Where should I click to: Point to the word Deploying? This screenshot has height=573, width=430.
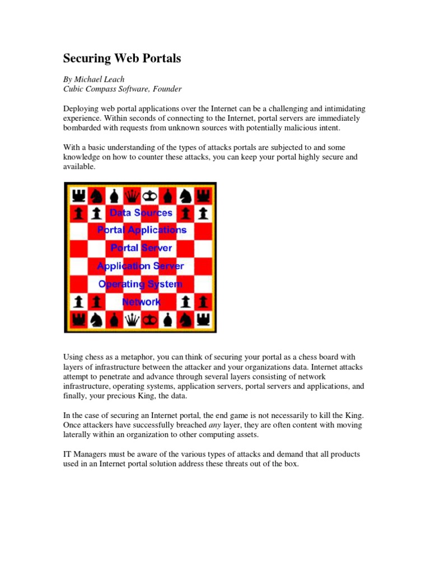pos(82,108)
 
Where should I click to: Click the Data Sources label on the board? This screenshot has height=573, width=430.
pos(141,213)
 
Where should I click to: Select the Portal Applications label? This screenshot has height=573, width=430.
pos(141,230)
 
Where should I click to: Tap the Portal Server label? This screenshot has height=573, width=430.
pos(141,248)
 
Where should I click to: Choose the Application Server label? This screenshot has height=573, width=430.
pos(141,266)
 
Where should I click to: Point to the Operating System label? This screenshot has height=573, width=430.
pos(141,284)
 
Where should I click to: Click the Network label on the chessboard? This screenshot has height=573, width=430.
pos(141,302)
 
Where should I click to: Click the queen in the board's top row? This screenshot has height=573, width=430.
pos(132,195)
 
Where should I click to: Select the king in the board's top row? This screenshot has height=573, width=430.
pos(150,195)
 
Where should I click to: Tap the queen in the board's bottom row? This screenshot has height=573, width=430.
pos(132,320)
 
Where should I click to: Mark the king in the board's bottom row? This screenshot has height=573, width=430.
pos(150,320)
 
